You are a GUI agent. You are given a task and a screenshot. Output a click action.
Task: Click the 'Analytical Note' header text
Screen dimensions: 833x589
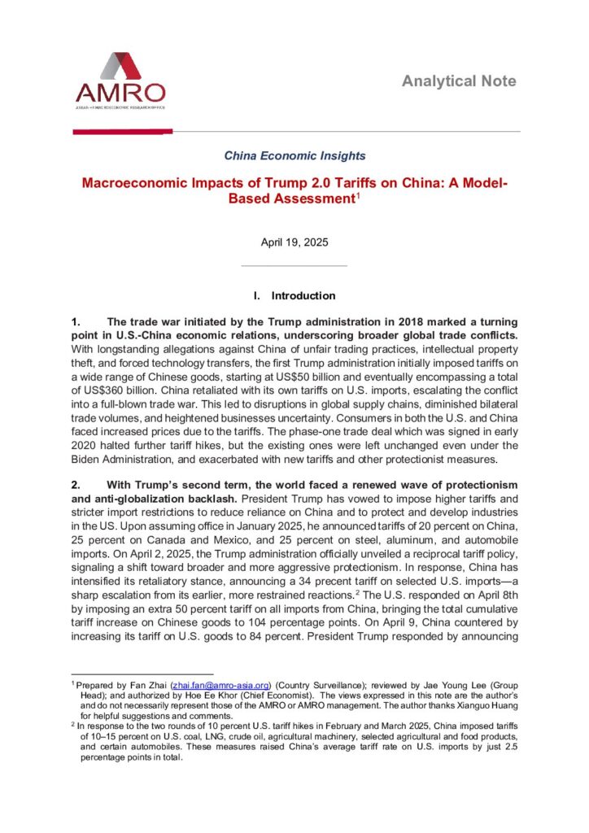pos(459,81)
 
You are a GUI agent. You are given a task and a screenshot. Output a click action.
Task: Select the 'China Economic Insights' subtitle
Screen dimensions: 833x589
pos(294,155)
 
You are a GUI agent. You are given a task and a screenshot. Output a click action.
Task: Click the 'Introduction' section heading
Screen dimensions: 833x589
pos(303,295)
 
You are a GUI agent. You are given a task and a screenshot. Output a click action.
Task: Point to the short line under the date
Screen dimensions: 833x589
pos(294,265)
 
